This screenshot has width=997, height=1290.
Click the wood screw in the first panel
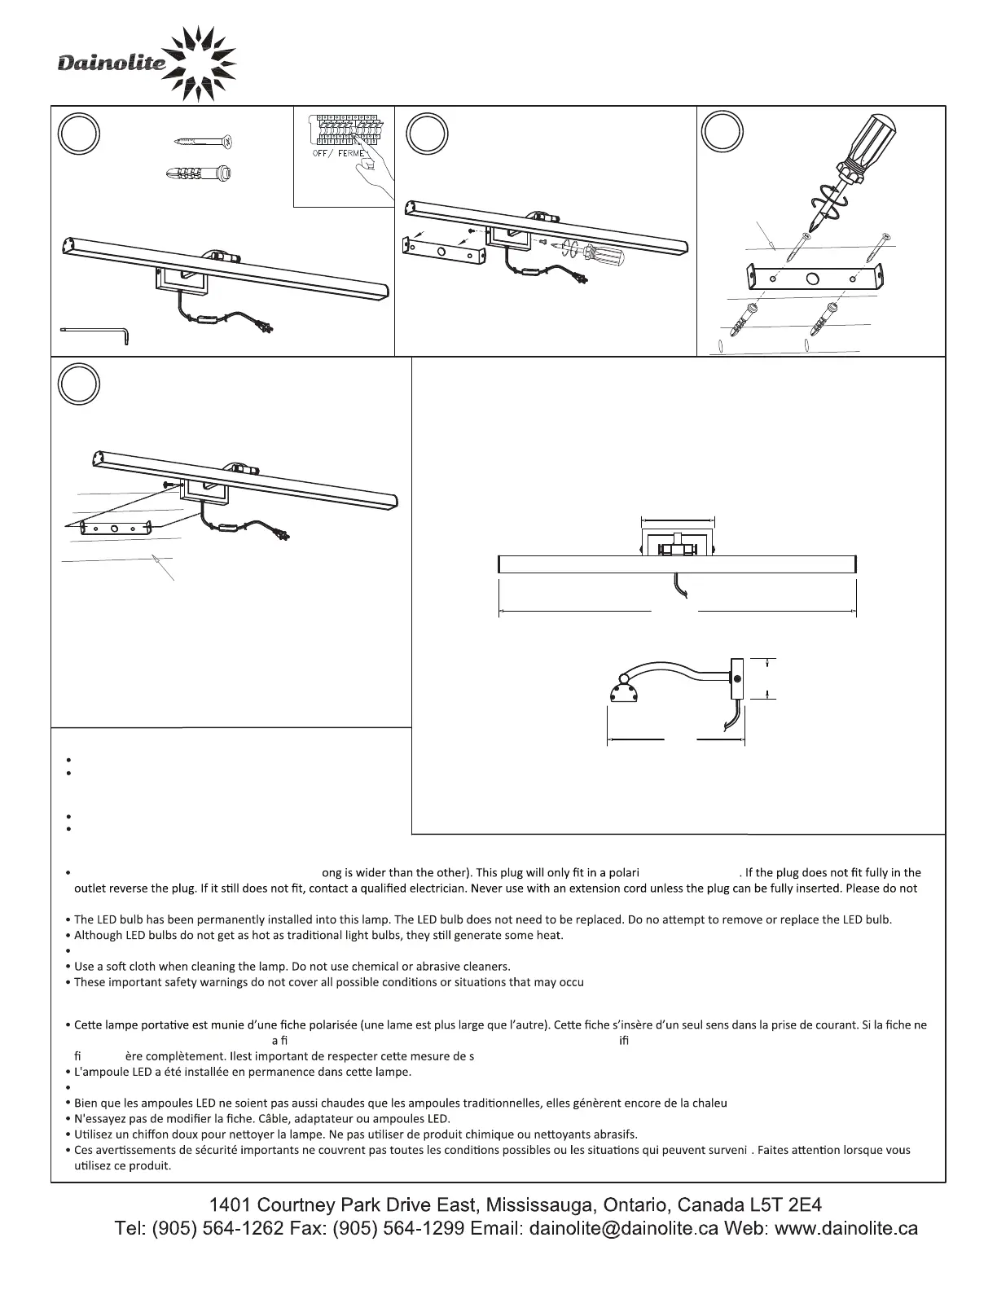[x=204, y=142]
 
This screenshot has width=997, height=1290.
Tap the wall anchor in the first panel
[x=198, y=173]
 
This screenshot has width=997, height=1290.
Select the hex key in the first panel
[x=95, y=331]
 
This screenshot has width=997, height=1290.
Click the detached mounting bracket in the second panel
[x=443, y=251]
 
